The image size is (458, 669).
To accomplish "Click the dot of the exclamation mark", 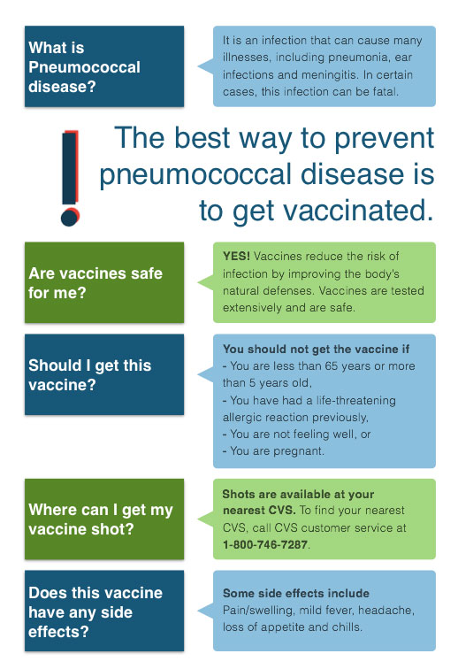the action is click(70, 217).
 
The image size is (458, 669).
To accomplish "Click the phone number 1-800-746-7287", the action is click(265, 545).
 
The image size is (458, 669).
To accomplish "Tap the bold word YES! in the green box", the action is click(236, 256).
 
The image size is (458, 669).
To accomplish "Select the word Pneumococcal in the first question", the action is click(84, 67).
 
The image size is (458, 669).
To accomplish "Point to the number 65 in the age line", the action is click(331, 366).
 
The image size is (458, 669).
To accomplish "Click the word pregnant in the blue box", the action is click(299, 451).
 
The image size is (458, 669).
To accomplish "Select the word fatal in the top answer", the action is click(385, 92).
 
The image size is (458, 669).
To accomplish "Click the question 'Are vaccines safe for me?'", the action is click(95, 283).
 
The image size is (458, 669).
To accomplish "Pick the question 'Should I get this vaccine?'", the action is click(90, 375).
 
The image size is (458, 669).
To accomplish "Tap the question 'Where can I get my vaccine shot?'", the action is click(101, 519).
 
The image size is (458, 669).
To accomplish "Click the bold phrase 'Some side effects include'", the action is click(296, 593).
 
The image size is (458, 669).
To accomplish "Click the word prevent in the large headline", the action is click(384, 139).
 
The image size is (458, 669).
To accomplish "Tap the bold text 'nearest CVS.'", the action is click(259, 511).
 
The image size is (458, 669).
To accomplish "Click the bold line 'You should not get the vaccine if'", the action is click(316, 349).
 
